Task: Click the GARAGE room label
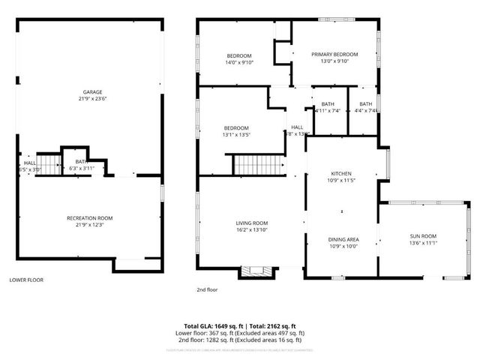click(x=93, y=94)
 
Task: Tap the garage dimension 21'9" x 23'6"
click(x=93, y=101)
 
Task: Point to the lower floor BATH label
click(x=79, y=161)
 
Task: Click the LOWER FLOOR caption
click(x=26, y=280)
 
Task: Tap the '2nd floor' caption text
click(x=206, y=289)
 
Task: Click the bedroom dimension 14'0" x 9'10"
click(x=240, y=62)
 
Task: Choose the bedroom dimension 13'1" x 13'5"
click(x=236, y=135)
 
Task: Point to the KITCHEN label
click(x=342, y=173)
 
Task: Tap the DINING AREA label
click(x=343, y=239)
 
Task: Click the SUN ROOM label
click(x=423, y=235)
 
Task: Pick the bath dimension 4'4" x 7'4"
click(x=365, y=111)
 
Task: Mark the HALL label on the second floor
click(x=297, y=127)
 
